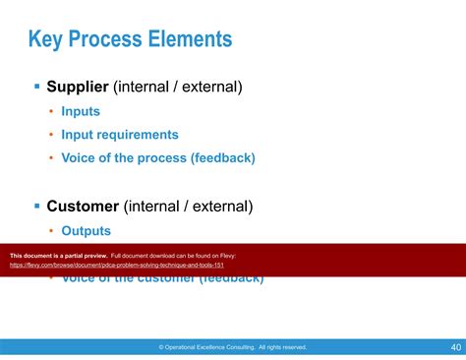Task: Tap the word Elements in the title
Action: click(x=196, y=40)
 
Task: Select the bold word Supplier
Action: click(x=78, y=88)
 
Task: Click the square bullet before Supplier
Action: click(x=37, y=88)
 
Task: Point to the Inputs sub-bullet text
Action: click(x=81, y=112)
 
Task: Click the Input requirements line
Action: click(x=119, y=135)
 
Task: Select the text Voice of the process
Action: click(x=130, y=157)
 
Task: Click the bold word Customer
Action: click(x=83, y=207)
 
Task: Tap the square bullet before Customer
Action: click(x=37, y=207)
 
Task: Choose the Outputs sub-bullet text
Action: click(x=86, y=231)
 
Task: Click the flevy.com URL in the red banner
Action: click(x=117, y=266)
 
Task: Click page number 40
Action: click(x=456, y=347)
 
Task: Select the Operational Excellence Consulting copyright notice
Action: click(x=233, y=347)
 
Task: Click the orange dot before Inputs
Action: click(x=51, y=112)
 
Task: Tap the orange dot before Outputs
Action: click(x=51, y=231)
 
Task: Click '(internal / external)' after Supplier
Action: click(x=178, y=88)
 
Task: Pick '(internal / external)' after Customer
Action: click(x=188, y=207)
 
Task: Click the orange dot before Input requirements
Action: click(x=51, y=135)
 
